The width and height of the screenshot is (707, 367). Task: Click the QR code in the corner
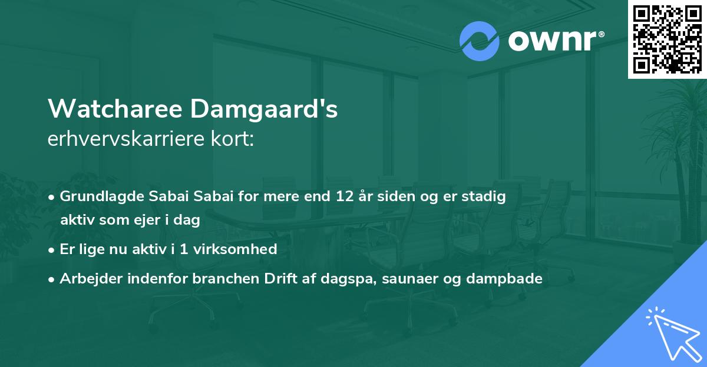pos(667,39)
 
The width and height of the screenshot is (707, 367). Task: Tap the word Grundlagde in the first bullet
pos(97,196)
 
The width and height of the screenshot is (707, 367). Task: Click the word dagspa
pos(345,279)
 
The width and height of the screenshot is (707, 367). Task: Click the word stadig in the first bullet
pos(486,196)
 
